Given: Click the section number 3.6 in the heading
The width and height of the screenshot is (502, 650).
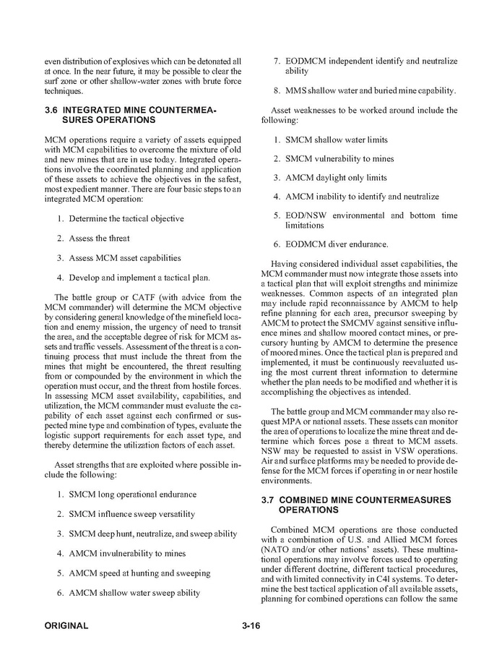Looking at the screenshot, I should point(51,109).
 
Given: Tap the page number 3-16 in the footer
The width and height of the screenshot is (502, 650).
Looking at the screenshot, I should point(251,625).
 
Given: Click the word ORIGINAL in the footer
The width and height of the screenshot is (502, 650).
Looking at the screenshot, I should point(66,625).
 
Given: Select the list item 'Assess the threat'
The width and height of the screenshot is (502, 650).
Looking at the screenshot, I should point(99,238).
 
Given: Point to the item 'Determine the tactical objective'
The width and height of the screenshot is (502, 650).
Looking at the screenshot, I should point(126,218).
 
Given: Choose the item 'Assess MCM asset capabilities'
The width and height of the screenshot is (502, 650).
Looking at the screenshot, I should point(125,257).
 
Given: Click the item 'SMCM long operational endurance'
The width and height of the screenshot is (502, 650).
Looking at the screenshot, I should point(132,495).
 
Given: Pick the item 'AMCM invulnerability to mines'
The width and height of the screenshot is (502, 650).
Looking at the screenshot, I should point(127,553).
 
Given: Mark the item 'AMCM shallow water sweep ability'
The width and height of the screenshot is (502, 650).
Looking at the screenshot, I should point(135,593).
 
